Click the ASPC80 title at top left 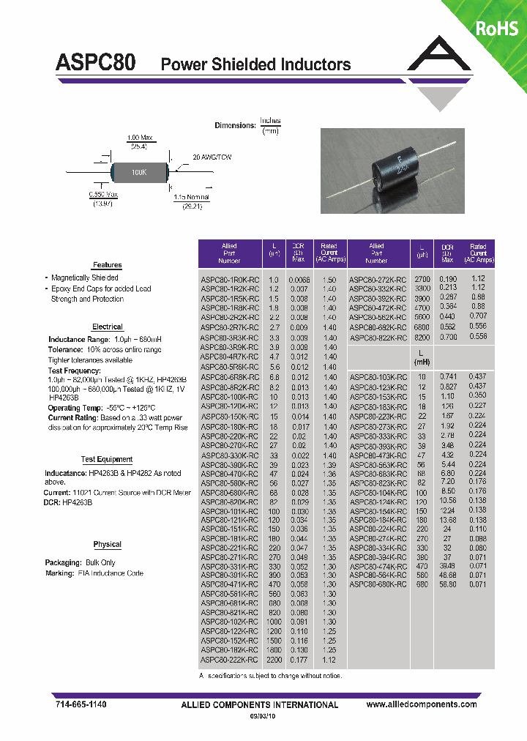[x=95, y=63]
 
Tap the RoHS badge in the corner [x=497, y=28]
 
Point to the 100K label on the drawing [x=139, y=172]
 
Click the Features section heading [x=107, y=265]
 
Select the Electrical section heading [x=108, y=327]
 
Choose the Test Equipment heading [x=107, y=459]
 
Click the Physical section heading [x=108, y=545]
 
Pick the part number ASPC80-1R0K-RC [x=230, y=280]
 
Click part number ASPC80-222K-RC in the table [x=230, y=659]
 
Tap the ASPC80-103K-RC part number [x=378, y=376]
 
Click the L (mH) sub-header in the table [x=422, y=357]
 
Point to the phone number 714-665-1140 [x=81, y=704]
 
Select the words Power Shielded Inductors [x=255, y=65]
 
